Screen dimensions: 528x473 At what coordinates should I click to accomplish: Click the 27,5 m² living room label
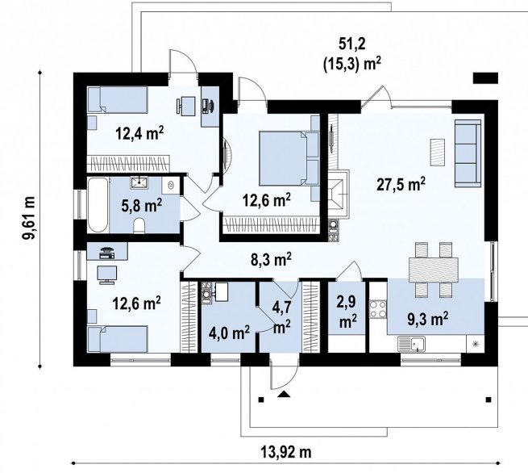401,184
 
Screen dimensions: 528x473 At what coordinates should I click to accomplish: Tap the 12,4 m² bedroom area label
139,133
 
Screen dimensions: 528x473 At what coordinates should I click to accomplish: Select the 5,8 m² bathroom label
141,205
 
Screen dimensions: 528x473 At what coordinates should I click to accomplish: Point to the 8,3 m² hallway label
271,259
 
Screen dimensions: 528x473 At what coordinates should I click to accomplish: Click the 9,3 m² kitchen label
428,319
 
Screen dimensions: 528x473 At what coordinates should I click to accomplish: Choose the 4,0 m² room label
229,333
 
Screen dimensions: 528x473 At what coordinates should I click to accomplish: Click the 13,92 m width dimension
286,451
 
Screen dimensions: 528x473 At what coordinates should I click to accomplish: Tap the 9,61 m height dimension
29,217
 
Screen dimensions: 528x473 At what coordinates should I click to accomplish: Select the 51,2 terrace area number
352,44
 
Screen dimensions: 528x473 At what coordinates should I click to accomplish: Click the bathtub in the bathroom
98,205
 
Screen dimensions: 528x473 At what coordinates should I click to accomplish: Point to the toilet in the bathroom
139,225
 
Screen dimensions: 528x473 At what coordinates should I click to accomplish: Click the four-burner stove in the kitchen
378,309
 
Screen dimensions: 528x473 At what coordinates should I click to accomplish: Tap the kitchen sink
411,344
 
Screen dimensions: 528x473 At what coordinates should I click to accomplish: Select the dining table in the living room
433,270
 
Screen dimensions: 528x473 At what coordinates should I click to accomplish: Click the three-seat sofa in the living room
468,153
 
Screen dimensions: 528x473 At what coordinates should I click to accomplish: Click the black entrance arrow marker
284,394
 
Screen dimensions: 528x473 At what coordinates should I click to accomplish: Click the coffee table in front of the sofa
438,153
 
